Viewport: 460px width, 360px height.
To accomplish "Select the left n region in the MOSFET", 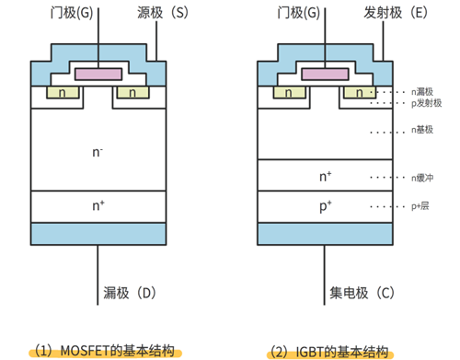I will [61, 93].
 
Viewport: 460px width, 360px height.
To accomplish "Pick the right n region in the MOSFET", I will [132, 93].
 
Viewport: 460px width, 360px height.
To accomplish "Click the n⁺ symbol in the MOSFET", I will [98, 205].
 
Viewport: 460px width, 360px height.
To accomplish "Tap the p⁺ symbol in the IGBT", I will [325, 206].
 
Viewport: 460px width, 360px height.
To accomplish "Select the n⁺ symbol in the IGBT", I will [325, 175].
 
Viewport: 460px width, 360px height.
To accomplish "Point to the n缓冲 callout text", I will [424, 176].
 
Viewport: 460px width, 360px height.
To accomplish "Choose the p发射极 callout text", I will [426, 103].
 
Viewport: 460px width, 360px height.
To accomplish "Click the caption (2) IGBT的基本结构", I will [328, 351].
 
